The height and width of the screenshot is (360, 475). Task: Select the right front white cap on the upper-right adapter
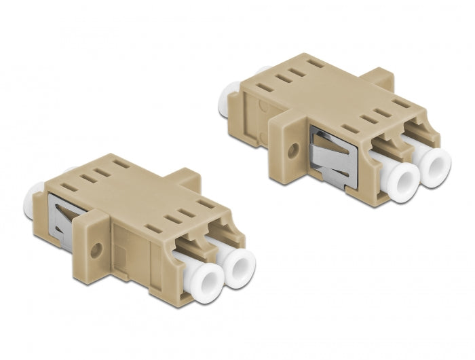click(x=434, y=163)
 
